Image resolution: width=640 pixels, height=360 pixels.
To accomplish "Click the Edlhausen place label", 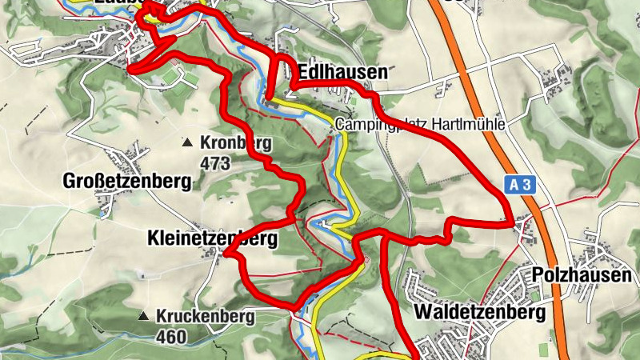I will [342, 72].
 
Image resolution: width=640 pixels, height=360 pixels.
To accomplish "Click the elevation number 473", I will [216, 164].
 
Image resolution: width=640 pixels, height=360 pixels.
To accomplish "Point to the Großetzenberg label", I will [127, 182].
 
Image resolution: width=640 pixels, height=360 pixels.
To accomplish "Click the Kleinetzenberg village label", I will [212, 238].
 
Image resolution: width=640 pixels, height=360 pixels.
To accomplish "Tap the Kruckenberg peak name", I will [206, 316].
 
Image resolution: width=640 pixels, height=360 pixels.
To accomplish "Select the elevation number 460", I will [171, 336].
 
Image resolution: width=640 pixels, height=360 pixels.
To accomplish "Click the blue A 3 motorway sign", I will [519, 186].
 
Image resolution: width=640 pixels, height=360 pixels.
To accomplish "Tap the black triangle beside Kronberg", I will [187, 144].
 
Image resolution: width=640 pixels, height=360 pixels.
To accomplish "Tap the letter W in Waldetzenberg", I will [422, 310].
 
